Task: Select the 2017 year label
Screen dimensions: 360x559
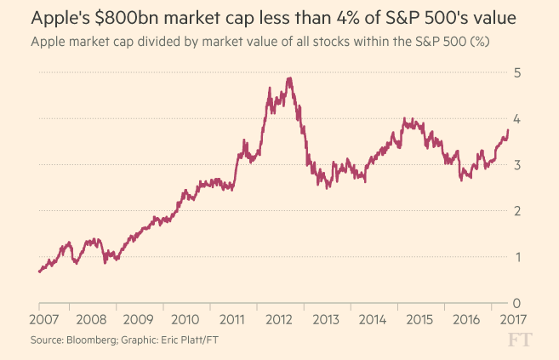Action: [x=507, y=321]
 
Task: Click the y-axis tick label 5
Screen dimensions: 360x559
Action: [x=516, y=73]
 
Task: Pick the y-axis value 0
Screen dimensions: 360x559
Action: [x=516, y=303]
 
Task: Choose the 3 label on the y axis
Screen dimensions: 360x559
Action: [x=516, y=165]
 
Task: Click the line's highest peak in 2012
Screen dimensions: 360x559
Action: [x=290, y=78]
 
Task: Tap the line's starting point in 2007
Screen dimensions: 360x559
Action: [x=39, y=271]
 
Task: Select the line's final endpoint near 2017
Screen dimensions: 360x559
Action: [x=508, y=129]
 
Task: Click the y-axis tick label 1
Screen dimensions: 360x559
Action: [x=516, y=257]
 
